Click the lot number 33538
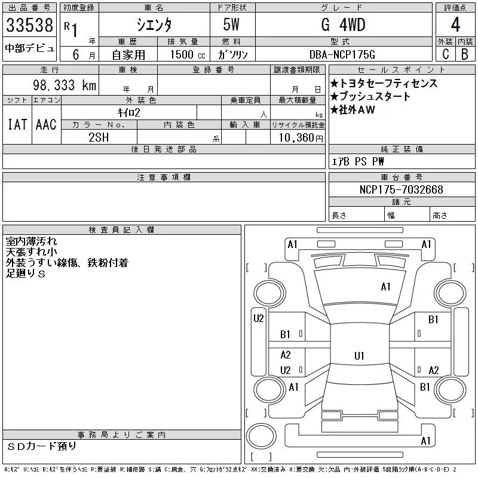click(29, 25)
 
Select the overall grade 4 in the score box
click(455, 24)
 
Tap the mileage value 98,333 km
click(65, 85)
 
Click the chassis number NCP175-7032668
click(401, 189)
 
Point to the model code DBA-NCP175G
click(342, 54)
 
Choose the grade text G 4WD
click(343, 24)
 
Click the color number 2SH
click(99, 137)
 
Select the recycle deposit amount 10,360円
click(301, 138)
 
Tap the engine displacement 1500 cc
click(188, 54)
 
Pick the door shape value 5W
click(231, 24)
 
